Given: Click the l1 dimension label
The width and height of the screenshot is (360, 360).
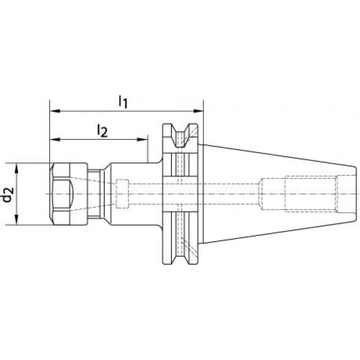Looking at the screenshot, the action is click(123, 102).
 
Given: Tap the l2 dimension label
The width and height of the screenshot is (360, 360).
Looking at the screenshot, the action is click(102, 131).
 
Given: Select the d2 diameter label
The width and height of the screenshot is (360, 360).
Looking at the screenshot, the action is click(8, 194).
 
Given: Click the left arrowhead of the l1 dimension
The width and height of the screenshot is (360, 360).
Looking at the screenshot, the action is click(55, 111).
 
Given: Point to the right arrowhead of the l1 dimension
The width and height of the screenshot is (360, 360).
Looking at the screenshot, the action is click(198, 111).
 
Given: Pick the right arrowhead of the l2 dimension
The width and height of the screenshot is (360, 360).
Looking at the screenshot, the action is click(142, 139).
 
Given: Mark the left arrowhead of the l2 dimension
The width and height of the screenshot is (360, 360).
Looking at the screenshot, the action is click(55, 139).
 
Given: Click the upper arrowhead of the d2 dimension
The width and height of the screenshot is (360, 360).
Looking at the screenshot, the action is click(16, 168).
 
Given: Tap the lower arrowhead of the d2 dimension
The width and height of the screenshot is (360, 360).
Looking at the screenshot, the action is click(16, 220).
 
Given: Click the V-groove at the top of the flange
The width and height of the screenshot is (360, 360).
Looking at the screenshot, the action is click(181, 136).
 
